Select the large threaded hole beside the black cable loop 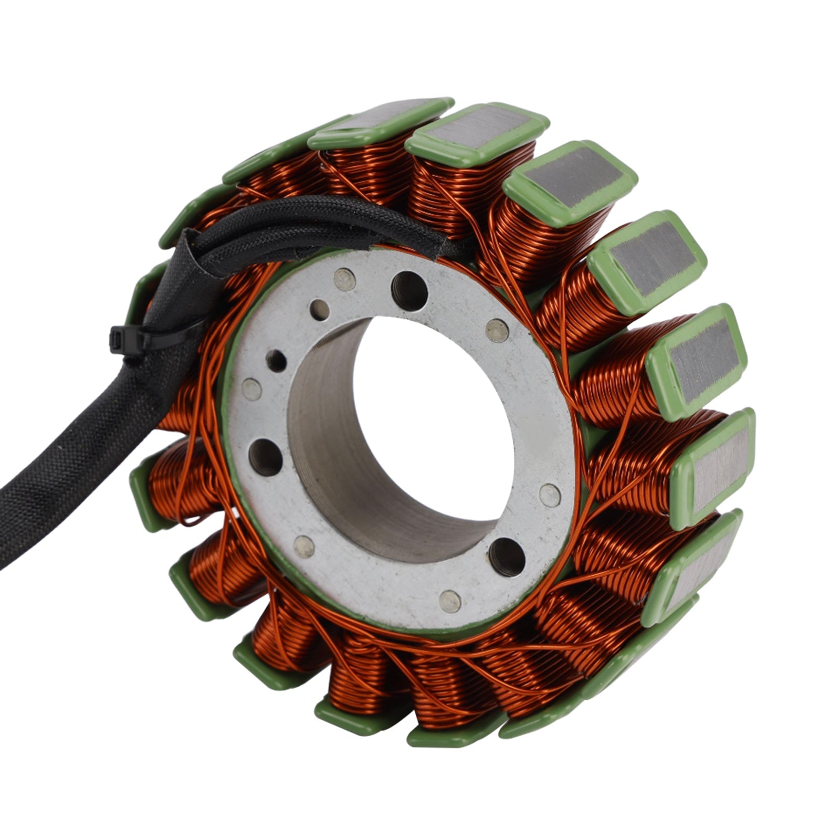pos(409,290)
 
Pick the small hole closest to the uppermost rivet pos(319,310)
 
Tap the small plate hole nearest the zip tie pos(276,361)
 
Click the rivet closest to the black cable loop pos(344,279)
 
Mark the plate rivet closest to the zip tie pos(251,390)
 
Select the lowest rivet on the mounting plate pos(450,600)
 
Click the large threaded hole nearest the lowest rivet pos(507,556)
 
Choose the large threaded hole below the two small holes pos(266,457)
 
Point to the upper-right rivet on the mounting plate pos(497,330)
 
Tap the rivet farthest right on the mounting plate pos(550,495)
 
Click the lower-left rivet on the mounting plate pos(304,547)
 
